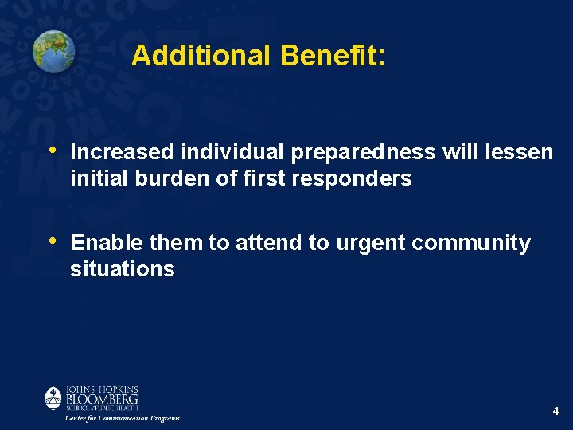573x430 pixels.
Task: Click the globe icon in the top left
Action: coord(53,51)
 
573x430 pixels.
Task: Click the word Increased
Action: coord(123,152)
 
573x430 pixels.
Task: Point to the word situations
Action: coord(122,269)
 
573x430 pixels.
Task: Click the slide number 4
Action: coord(555,412)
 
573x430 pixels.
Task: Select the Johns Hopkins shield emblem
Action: coord(53,397)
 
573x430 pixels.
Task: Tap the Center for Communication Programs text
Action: coord(122,418)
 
